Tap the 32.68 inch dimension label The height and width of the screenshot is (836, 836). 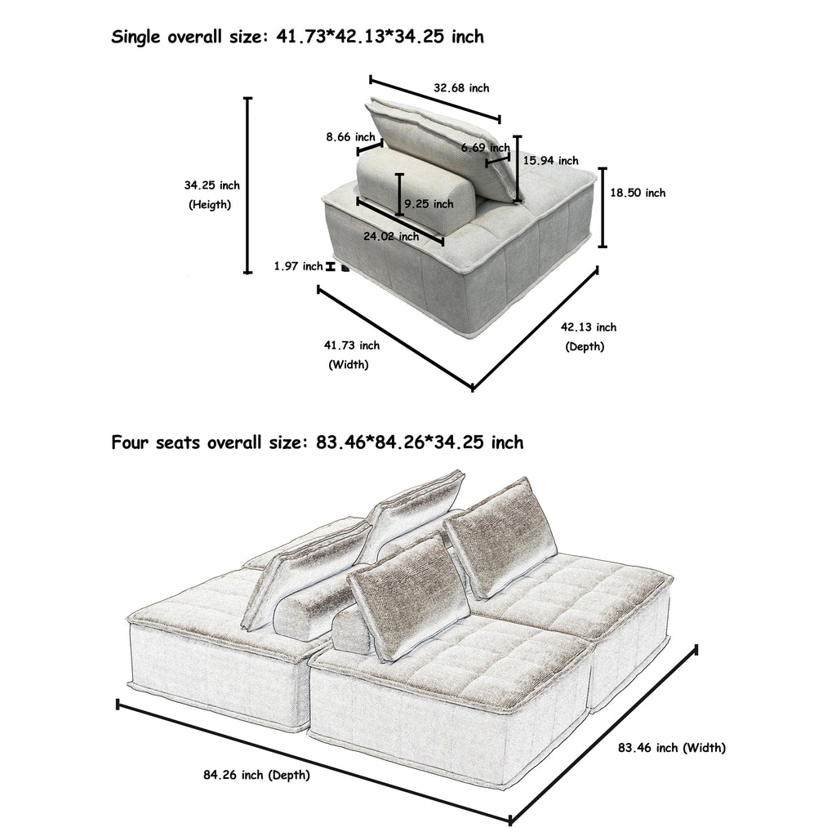[x=461, y=88]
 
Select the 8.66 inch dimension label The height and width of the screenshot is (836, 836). [x=350, y=137]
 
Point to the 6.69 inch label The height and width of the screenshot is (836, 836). [x=485, y=148]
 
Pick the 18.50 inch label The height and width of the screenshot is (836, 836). [x=638, y=193]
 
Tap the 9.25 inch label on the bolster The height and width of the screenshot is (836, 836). [x=429, y=204]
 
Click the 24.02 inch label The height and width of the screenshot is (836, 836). [x=391, y=237]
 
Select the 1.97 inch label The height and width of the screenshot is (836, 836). [x=298, y=266]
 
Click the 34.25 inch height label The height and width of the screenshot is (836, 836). [x=211, y=186]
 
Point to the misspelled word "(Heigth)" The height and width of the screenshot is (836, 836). [x=210, y=205]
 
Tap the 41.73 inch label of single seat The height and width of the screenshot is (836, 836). [x=352, y=345]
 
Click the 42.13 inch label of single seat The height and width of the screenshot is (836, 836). [x=589, y=327]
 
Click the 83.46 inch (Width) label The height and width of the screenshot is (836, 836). [x=671, y=747]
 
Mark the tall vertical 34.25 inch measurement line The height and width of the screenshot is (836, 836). [x=248, y=186]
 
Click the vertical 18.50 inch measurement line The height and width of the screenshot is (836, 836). [x=603, y=207]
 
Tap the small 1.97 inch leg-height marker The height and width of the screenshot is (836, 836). [x=331, y=266]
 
